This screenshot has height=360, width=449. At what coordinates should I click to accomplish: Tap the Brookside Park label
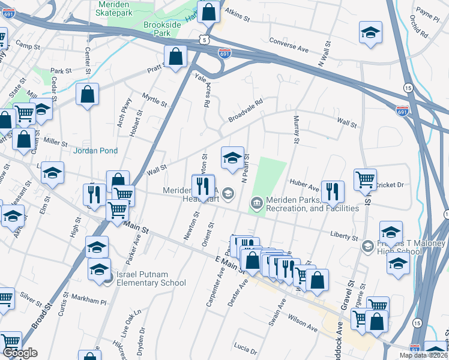[158, 29]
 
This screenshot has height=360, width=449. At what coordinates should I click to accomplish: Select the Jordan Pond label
[95, 151]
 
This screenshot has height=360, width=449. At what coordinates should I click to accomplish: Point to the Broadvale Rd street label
[245, 112]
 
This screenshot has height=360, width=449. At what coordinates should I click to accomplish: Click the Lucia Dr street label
[246, 348]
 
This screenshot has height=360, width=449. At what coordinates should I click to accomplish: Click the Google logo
[20, 352]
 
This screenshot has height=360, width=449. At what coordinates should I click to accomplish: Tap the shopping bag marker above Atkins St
[208, 11]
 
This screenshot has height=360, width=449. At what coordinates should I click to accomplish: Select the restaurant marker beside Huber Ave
[332, 191]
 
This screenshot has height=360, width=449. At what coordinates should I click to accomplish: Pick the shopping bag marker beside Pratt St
[176, 57]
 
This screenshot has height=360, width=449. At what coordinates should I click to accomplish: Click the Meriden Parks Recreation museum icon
[256, 203]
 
